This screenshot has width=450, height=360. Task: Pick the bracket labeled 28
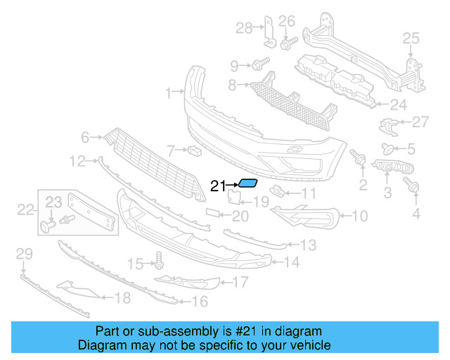[267, 32]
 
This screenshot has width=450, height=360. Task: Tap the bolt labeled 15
[158, 262]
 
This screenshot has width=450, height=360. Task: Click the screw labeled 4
[413, 186]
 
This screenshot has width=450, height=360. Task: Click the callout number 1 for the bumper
[168, 92]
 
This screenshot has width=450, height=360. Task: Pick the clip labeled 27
[386, 126]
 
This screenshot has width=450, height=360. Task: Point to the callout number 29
[23, 253]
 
